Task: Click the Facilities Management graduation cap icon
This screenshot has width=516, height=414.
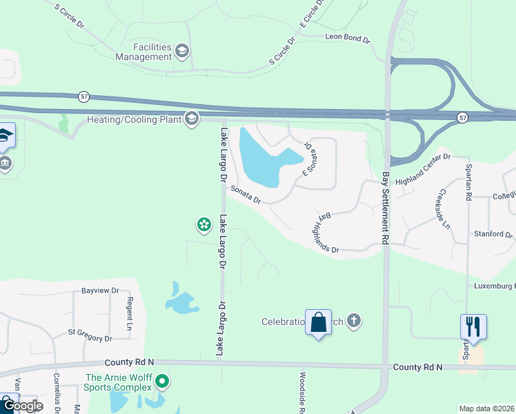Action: [182, 50]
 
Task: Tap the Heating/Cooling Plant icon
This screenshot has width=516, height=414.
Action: [192, 119]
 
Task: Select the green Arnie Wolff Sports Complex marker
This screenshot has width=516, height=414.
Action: [162, 381]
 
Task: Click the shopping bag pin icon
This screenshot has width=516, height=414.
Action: [318, 322]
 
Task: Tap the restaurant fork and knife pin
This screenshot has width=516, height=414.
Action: [473, 326]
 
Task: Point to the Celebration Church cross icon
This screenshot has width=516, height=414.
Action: [354, 321]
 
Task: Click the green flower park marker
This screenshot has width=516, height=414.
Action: [204, 224]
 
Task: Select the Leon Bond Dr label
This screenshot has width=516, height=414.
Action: [348, 37]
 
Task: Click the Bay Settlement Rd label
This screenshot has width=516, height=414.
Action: [386, 207]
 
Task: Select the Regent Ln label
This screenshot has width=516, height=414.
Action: [129, 313]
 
